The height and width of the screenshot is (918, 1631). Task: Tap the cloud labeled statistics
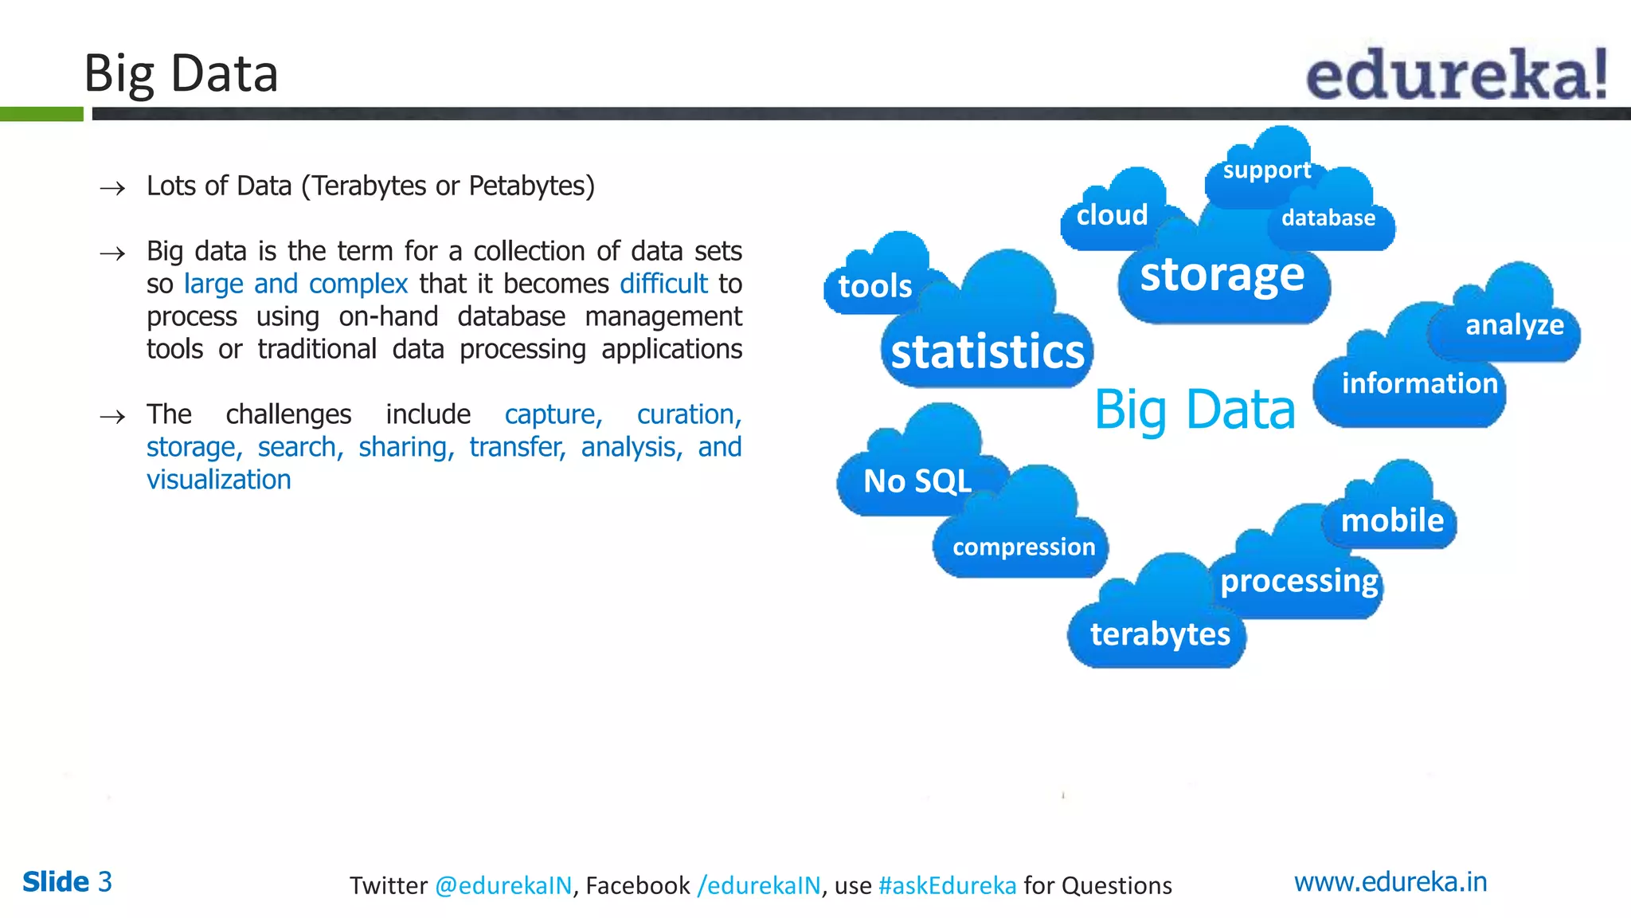tap(988, 351)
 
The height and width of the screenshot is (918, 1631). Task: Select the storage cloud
tap(1222, 276)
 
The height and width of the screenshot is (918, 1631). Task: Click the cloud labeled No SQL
tap(917, 481)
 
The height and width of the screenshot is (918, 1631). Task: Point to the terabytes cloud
tap(1160, 634)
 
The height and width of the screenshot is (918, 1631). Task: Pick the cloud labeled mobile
tap(1392, 520)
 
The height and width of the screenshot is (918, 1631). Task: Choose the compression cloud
tap(1023, 547)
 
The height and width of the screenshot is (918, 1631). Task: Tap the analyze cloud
tap(1514, 325)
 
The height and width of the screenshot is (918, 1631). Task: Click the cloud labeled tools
tap(875, 285)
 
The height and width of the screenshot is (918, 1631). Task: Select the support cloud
tap(1266, 170)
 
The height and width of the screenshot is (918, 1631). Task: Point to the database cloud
tap(1328, 218)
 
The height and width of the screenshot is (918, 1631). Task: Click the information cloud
tap(1419, 384)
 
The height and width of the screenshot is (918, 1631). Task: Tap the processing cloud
tap(1299, 581)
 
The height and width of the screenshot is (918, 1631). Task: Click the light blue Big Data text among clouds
tap(1195, 410)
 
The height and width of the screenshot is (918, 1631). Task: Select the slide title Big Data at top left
tap(181, 73)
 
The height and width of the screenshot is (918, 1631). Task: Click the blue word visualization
tap(219, 480)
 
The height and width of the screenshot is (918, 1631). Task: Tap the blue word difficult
tap(663, 284)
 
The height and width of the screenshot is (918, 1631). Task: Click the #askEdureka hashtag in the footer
tap(947, 885)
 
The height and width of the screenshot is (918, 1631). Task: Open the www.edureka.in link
tap(1390, 882)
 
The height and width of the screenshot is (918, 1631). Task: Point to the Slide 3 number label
tap(68, 882)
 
